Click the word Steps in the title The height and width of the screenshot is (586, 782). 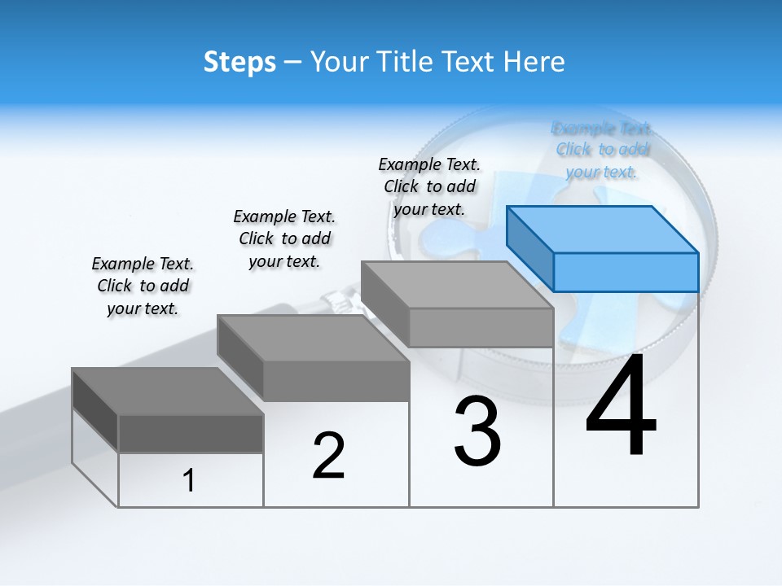(239, 63)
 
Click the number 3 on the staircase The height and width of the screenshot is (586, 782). (477, 431)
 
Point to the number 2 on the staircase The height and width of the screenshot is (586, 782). (328, 456)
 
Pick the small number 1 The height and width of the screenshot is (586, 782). (189, 480)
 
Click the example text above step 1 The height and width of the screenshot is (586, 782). (143, 286)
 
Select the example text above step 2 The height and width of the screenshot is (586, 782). (284, 238)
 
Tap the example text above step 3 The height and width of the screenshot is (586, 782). (429, 186)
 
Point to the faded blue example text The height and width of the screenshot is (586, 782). (602, 150)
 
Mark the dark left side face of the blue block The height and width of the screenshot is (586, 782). (529, 248)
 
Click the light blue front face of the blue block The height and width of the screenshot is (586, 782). (626, 272)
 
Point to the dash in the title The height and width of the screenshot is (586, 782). (293, 63)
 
